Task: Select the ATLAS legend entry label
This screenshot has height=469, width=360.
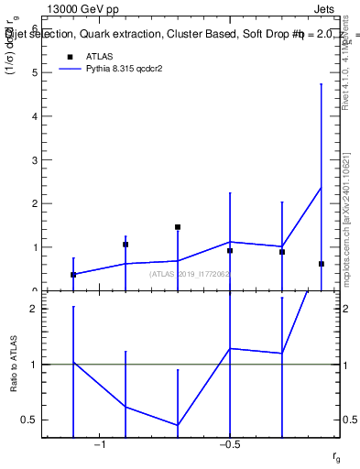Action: [x=100, y=56]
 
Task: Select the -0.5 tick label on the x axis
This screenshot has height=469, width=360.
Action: [x=229, y=446]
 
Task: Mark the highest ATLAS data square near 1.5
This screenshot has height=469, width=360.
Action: [x=178, y=227]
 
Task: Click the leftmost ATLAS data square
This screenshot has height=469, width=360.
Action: [x=73, y=275]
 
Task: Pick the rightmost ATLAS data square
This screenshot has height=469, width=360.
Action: [x=322, y=264]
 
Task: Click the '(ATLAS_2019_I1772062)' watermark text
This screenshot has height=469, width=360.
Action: [x=190, y=274]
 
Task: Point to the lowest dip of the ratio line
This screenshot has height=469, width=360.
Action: [x=178, y=425]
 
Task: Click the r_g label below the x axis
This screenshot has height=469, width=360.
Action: [x=336, y=455]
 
